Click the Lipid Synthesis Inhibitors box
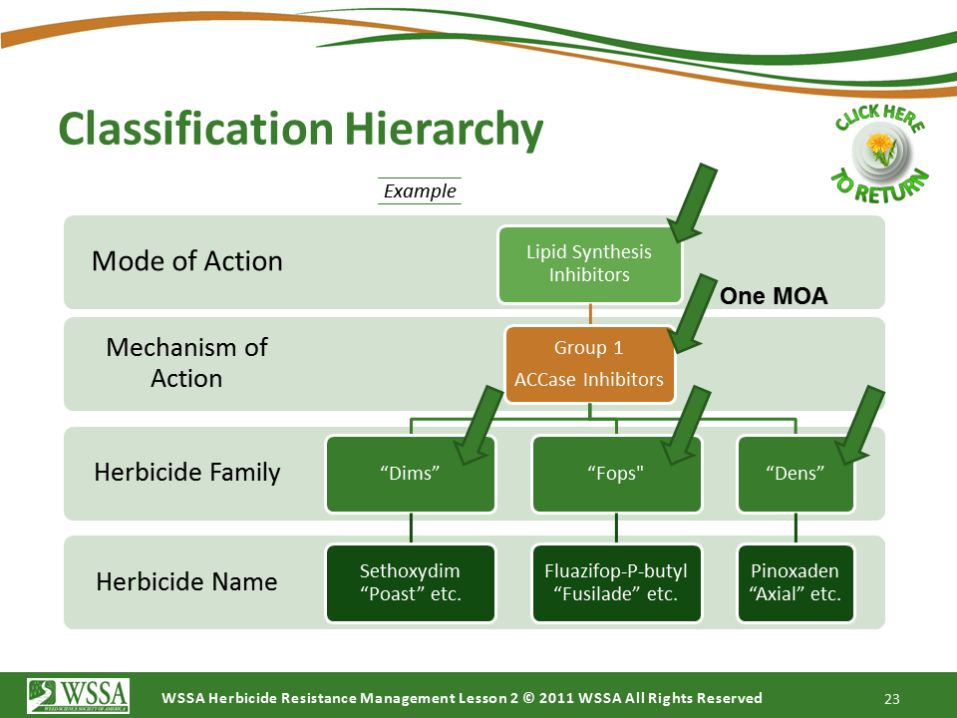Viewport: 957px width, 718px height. [589, 264]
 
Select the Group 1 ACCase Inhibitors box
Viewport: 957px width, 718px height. [589, 364]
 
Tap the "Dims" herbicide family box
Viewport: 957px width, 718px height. [411, 474]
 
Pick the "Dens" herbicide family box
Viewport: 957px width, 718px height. [795, 474]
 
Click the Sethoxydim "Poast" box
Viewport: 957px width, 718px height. [411, 583]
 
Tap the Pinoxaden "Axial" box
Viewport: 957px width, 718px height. [795, 583]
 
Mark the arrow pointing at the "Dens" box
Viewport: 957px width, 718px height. [860, 425]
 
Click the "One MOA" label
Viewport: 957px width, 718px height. [774, 296]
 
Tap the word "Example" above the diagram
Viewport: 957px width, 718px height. [420, 190]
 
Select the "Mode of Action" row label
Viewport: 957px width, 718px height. [187, 261]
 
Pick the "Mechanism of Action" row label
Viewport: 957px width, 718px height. [187, 363]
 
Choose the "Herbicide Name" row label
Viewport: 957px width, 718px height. [187, 581]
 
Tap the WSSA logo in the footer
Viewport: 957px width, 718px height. [79, 695]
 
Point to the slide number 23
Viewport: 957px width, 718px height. [892, 698]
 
